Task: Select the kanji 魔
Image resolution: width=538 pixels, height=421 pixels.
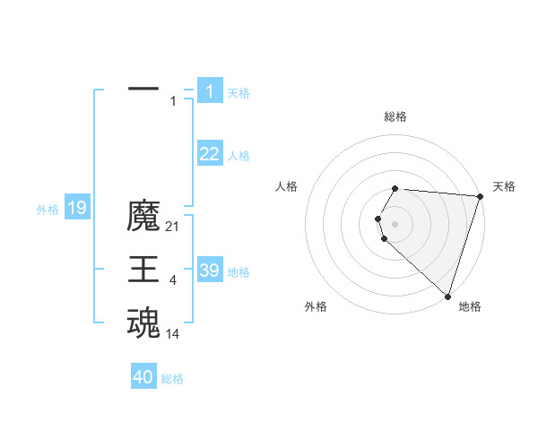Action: pos(143,217)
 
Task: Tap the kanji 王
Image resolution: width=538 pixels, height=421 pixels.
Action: pos(143,270)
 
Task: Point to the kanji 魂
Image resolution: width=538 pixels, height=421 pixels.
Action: pos(143,323)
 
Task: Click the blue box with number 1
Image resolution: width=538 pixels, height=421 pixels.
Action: pos(210,90)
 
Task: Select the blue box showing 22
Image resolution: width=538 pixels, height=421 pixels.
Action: pos(210,154)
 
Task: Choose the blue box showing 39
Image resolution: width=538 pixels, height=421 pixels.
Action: pos(210,271)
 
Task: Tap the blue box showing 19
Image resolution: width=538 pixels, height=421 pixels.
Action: pos(76,209)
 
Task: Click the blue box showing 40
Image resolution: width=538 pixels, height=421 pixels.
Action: pos(143,377)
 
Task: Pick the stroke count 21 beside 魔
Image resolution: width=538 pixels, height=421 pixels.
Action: pos(173,228)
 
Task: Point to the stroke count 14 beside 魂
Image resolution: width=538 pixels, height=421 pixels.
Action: pos(173,334)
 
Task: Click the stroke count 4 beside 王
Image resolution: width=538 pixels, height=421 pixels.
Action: pos(172,281)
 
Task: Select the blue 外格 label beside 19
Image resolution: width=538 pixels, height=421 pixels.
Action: pos(48,210)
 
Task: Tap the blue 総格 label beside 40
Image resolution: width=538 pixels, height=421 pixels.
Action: pos(172,379)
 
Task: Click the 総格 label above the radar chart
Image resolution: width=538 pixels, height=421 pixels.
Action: pos(395,116)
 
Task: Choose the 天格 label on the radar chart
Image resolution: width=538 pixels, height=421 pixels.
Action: pos(504,186)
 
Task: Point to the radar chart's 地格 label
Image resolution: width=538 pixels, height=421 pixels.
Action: pos(470,306)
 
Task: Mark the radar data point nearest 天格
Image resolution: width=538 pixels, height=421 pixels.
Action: pos(480,196)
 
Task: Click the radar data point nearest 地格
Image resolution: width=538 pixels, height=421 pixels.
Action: pos(447,296)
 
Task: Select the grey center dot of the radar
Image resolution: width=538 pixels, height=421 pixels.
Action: pos(395,224)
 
